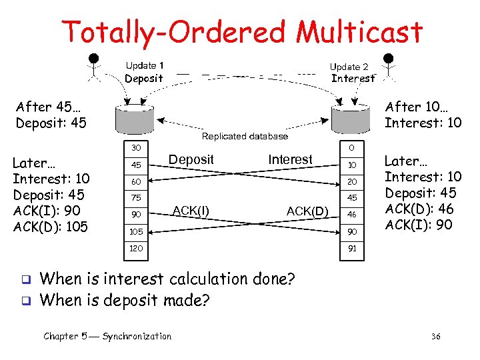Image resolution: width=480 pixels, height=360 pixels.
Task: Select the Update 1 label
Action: pos(145,65)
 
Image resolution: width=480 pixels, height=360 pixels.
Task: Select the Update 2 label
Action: pos(349,67)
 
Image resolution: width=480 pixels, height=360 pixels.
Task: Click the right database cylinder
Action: pos(349,118)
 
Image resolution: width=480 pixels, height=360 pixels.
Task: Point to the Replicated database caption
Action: pos(245,136)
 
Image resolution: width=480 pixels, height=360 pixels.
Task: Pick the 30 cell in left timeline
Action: pos(136,147)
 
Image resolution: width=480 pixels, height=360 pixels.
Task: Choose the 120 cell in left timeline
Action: pos(136,248)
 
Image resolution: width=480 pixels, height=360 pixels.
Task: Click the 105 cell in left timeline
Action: pos(136,231)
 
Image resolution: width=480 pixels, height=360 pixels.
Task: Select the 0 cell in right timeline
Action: pos(351,147)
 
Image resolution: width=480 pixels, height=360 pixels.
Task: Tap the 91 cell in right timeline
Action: pos(351,248)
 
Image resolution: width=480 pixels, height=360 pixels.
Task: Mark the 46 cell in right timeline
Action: pos(351,215)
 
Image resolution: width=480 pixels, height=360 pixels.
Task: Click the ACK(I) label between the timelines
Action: pos(191,211)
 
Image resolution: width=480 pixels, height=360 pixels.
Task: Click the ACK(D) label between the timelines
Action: pos(307,211)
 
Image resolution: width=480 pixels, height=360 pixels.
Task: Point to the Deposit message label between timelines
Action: pos(191,159)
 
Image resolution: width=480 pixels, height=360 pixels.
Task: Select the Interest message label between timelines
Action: pos(290,159)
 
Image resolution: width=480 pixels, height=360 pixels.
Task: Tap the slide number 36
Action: pos(437,337)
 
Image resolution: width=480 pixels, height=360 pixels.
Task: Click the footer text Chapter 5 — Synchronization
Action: pos(107,336)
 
